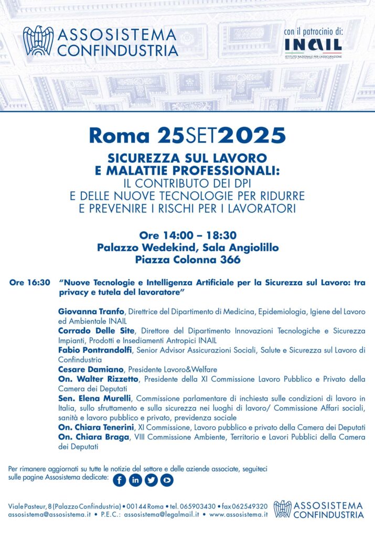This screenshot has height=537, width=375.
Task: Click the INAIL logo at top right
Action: tap(313, 48)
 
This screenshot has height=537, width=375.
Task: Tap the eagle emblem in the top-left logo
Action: tap(38, 41)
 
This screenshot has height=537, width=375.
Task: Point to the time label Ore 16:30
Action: tap(30, 283)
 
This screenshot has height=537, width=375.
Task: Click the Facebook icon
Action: tap(120, 479)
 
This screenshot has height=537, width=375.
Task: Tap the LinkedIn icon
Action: tap(135, 479)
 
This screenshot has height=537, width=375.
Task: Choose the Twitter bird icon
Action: tap(151, 479)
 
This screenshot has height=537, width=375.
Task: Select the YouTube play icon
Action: tap(167, 479)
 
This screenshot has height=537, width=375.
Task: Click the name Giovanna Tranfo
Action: tap(88, 312)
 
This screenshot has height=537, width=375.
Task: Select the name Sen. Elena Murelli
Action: tap(94, 399)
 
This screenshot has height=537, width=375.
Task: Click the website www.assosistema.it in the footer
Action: tap(239, 515)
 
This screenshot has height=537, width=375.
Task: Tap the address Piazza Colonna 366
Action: tap(187, 259)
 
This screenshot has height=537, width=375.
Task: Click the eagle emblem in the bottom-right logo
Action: tap(282, 509)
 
